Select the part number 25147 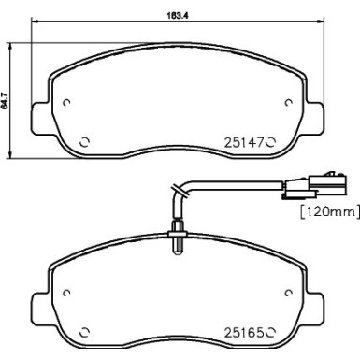246,143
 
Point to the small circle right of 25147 272,143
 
